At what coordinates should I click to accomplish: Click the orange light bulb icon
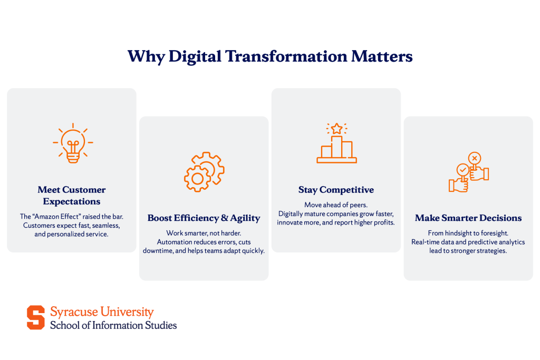(x=73, y=143)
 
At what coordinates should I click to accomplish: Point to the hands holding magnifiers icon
(x=469, y=172)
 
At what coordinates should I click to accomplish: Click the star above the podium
(x=336, y=129)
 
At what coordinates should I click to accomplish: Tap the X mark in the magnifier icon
(x=475, y=158)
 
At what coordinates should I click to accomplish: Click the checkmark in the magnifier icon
(x=462, y=170)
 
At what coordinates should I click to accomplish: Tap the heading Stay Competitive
(x=336, y=190)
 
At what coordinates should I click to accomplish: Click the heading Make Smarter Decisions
(x=468, y=218)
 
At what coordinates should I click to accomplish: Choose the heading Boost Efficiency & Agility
(x=204, y=218)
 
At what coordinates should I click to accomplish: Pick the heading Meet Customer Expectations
(x=72, y=196)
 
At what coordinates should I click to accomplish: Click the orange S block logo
(x=36, y=317)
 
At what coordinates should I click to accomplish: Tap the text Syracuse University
(x=102, y=312)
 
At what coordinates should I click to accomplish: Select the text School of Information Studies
(x=113, y=325)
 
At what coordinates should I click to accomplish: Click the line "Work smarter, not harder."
(x=204, y=232)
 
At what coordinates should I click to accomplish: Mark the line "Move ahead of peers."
(x=336, y=205)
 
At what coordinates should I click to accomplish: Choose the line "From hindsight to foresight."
(x=468, y=232)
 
